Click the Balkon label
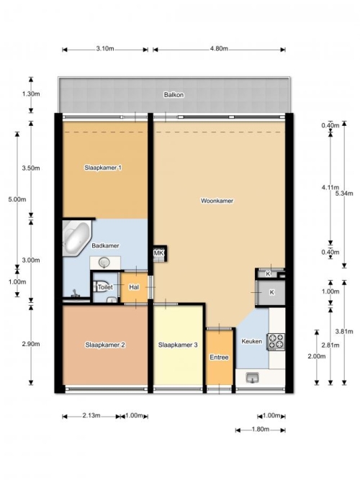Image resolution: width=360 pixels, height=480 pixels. [174, 94]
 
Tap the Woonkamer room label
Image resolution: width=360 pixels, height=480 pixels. [217, 201]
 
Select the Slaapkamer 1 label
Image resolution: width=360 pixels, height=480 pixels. [103, 168]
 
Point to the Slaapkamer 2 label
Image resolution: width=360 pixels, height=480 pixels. [105, 345]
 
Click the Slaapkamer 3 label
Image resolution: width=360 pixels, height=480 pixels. [178, 345]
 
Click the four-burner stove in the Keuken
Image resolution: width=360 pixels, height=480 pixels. [276, 342]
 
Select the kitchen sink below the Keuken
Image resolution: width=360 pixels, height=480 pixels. [252, 378]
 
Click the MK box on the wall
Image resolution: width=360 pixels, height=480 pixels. [159, 253]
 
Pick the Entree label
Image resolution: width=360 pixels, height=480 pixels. [219, 357]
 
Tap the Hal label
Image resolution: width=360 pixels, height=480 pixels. [134, 287]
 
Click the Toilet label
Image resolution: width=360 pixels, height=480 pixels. [105, 287]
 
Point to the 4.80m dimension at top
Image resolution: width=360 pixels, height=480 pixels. [219, 49]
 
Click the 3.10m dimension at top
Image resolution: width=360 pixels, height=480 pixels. [105, 49]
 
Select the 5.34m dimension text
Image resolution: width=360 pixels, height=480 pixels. [344, 193]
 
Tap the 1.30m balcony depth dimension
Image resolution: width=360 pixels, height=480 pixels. [31, 94]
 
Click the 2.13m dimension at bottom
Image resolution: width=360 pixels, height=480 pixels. [91, 415]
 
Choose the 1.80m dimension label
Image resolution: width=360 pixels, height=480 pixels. [261, 429]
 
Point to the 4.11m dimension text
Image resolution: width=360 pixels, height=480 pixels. [330, 187]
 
